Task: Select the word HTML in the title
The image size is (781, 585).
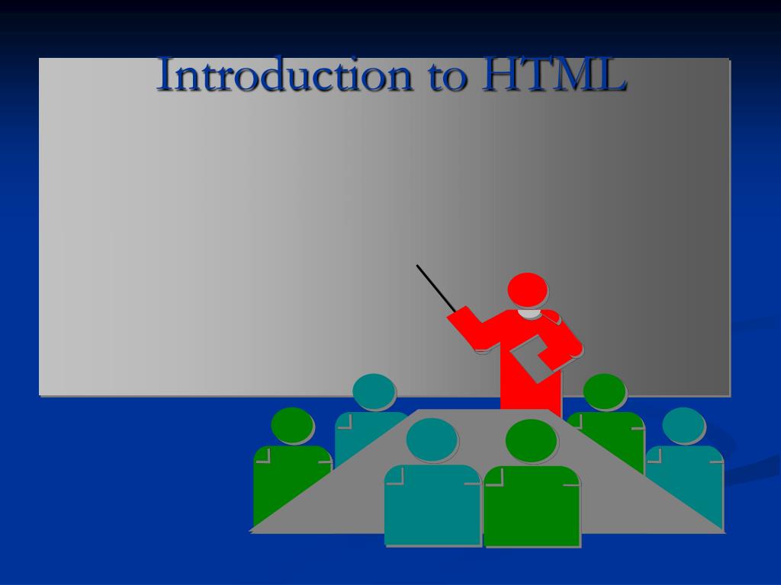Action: tap(554, 75)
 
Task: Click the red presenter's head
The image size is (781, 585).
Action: tap(528, 290)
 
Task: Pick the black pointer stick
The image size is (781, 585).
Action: tap(435, 287)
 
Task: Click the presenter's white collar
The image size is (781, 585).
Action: tap(529, 313)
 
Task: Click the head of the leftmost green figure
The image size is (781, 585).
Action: tap(292, 425)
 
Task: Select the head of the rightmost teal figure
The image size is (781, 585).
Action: tap(683, 425)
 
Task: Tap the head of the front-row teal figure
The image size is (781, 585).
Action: tap(432, 440)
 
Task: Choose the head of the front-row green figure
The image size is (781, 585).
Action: tap(531, 440)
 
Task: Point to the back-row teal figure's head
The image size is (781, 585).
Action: tap(374, 392)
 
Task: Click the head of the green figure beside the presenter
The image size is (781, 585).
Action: tap(604, 391)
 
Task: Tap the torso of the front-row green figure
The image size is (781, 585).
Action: tap(532, 506)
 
